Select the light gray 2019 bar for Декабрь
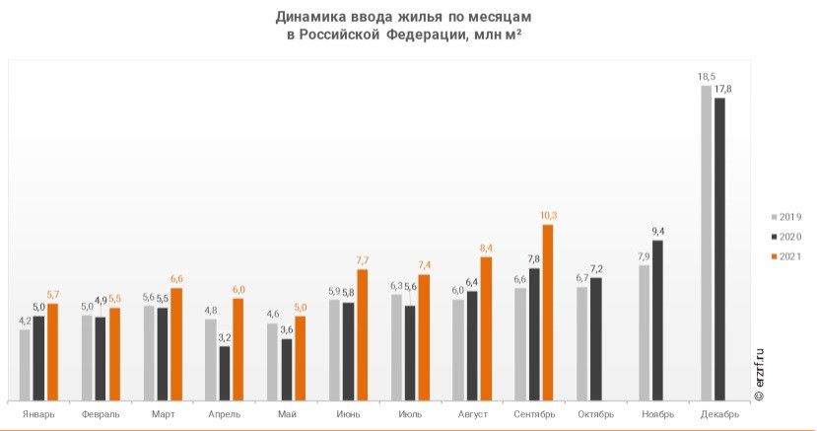pyautogui.click(x=706, y=243)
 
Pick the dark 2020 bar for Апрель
pyautogui.click(x=225, y=374)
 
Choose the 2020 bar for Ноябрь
pyautogui.click(x=657, y=321)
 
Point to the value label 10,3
pyautogui.click(x=549, y=215)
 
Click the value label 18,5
pyautogui.click(x=706, y=76)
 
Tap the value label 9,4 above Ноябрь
pyautogui.click(x=658, y=232)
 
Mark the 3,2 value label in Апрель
pyautogui.click(x=225, y=337)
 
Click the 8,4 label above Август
pyautogui.click(x=486, y=248)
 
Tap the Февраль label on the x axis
pyautogui.click(x=101, y=414)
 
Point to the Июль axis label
pyautogui.click(x=410, y=414)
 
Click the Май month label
pyautogui.click(x=287, y=414)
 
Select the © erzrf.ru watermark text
pyautogui.click(x=759, y=373)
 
